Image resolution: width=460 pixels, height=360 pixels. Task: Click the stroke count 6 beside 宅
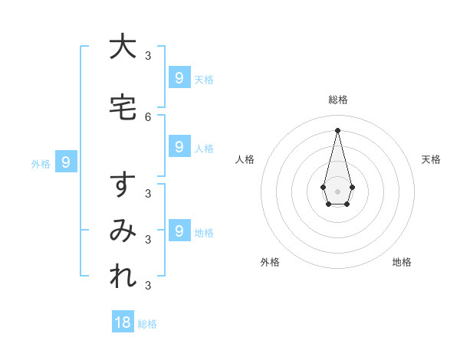(148, 116)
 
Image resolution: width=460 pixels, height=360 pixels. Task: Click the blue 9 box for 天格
(179, 78)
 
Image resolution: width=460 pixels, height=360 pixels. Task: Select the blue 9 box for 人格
(179, 147)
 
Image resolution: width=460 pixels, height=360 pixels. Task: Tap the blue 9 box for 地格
(179, 231)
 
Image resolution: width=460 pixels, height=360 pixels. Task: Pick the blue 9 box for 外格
(66, 162)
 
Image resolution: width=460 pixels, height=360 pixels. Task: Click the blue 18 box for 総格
(123, 322)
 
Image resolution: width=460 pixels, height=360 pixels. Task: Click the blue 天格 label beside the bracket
(204, 80)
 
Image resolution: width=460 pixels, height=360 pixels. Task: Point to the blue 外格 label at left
(41, 163)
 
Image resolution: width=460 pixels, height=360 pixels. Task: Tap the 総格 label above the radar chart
(338, 100)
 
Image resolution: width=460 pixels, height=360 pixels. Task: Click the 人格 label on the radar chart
(245, 159)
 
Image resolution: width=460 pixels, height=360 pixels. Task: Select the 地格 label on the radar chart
(402, 262)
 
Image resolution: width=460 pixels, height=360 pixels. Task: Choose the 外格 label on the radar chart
(270, 262)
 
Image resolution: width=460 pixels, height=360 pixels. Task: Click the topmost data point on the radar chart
(337, 130)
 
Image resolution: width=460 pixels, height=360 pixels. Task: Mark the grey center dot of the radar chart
(337, 191)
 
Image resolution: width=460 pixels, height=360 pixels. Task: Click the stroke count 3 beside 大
(148, 55)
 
